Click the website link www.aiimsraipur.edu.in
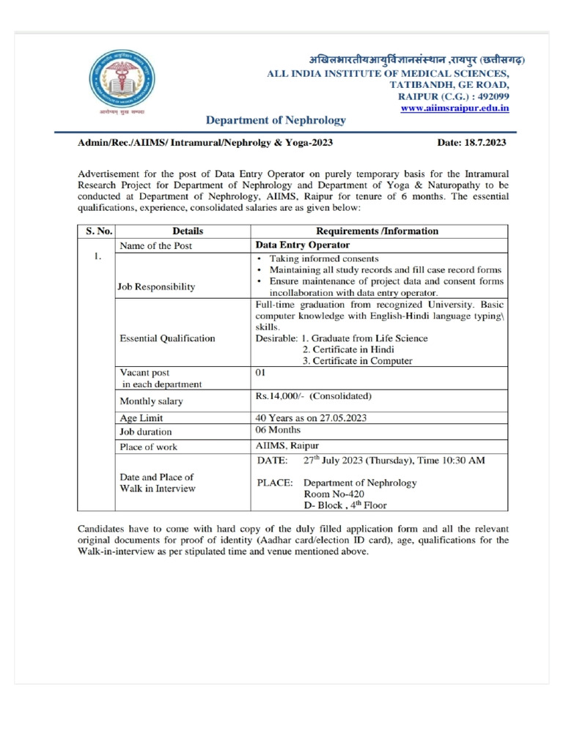(455, 108)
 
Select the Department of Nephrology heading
(276, 120)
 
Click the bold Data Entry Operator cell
(302, 245)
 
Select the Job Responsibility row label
(157, 287)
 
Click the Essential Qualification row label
(167, 338)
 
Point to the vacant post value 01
(260, 372)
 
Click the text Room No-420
(333, 494)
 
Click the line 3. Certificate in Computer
(357, 360)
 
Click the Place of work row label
(149, 446)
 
